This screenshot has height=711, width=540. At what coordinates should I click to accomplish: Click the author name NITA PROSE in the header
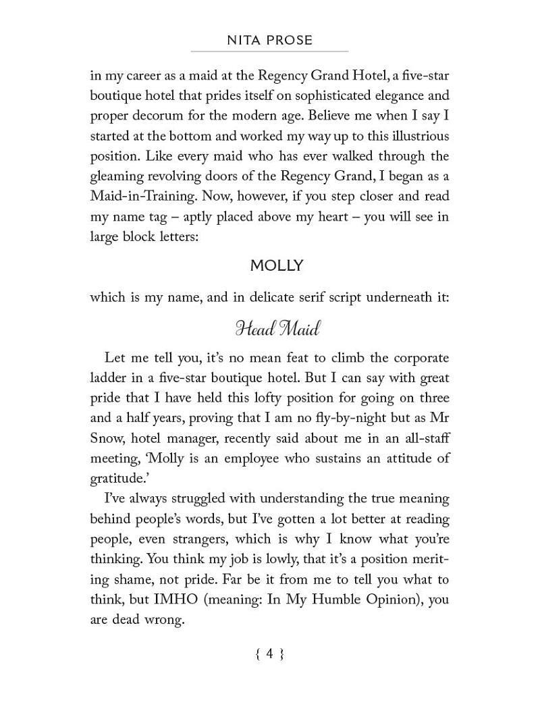pos(270,40)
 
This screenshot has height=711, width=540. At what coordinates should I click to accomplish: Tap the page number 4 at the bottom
pos(269,653)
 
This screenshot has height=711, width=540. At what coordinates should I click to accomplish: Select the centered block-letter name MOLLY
pos(277,265)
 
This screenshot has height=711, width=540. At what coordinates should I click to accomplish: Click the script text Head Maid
pos(277,329)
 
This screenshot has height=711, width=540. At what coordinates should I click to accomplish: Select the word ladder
pos(110,377)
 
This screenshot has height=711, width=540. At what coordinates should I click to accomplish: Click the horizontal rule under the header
pos(270,51)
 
